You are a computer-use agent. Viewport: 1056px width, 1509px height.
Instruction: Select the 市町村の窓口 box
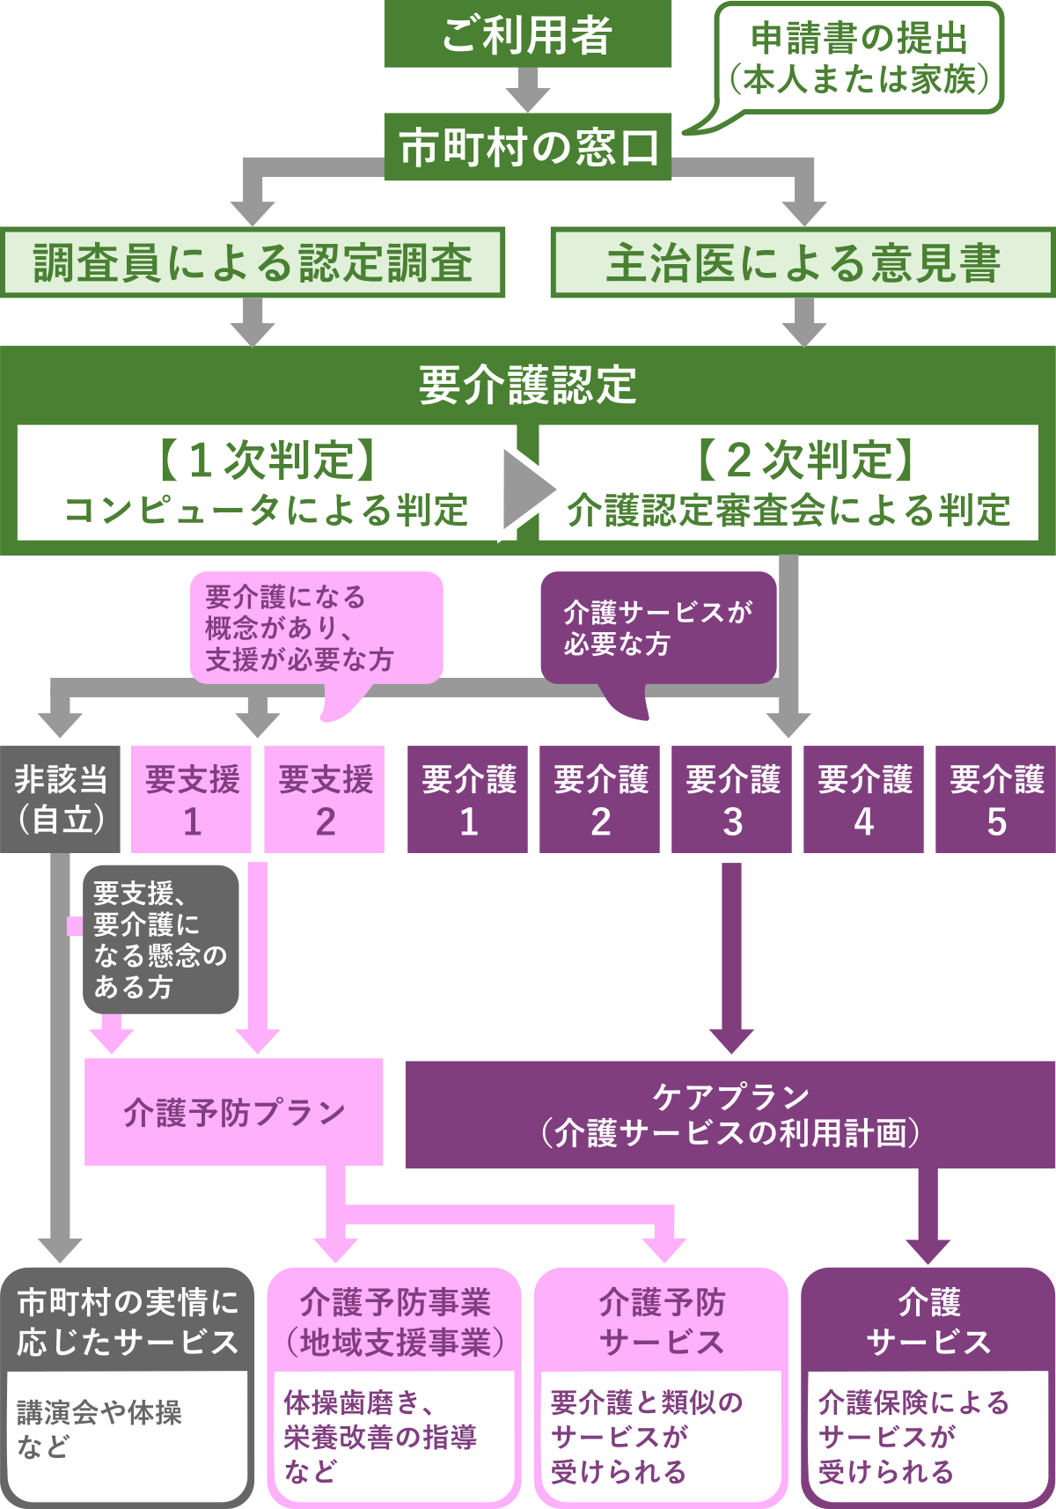[x=527, y=147]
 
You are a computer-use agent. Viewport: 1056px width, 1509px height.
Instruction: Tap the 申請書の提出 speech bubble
[x=859, y=58]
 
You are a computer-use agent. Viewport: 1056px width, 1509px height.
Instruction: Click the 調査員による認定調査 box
[x=253, y=262]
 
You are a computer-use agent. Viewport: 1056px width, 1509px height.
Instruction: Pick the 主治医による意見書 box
[x=803, y=262]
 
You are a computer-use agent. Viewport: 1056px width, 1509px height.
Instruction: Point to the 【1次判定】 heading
[x=267, y=460]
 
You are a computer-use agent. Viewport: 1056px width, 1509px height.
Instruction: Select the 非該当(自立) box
[x=60, y=799]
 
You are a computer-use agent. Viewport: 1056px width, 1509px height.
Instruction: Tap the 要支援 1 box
[x=191, y=799]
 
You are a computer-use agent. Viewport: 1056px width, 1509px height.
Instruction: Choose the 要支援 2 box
[x=325, y=799]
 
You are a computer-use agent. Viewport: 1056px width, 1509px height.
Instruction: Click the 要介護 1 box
[x=467, y=799]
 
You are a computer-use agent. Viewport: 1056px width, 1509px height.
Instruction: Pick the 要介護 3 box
[x=731, y=799]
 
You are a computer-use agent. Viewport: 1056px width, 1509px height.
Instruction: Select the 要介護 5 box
[x=995, y=799]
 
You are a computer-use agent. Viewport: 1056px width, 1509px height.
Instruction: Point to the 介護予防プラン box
[x=233, y=1112]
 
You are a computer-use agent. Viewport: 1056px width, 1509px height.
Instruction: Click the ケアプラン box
[x=730, y=1114]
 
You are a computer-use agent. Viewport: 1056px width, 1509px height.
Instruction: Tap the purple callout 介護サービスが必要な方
[x=658, y=628]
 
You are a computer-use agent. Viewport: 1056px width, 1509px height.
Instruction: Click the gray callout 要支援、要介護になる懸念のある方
[x=160, y=939]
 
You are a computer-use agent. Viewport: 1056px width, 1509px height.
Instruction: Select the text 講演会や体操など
[x=99, y=1428]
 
